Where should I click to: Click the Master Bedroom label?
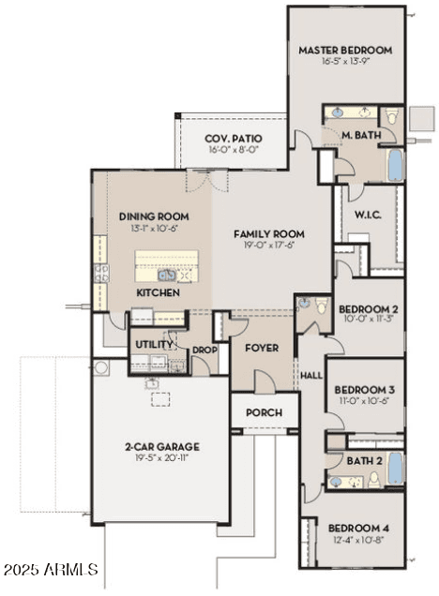pyautogui.click(x=345, y=51)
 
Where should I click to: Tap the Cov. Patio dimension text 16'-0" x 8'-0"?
pyautogui.click(x=234, y=149)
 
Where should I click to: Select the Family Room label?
pyautogui.click(x=269, y=234)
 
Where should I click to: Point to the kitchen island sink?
pyautogui.click(x=167, y=275)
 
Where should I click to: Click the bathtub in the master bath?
pyautogui.click(x=396, y=165)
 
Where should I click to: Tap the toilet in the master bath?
pyautogui.click(x=391, y=116)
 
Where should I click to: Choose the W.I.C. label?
pyautogui.click(x=368, y=216)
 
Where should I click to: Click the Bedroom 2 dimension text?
pyautogui.click(x=369, y=319)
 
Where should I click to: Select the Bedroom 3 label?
pyautogui.click(x=365, y=390)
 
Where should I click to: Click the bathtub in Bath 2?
pyautogui.click(x=396, y=469)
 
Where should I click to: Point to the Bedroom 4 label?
pyautogui.click(x=358, y=529)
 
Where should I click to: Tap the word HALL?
pyautogui.click(x=311, y=376)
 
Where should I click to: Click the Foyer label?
pyautogui.click(x=262, y=348)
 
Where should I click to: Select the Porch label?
pyautogui.click(x=264, y=412)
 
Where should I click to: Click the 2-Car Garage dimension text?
pyautogui.click(x=162, y=457)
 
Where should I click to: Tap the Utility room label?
pyautogui.click(x=155, y=344)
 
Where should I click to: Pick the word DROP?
pyautogui.click(x=204, y=350)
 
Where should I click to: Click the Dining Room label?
pyautogui.click(x=154, y=216)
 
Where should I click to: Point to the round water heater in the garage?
pyautogui.click(x=101, y=368)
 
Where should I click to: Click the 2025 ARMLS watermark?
pyautogui.click(x=51, y=569)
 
